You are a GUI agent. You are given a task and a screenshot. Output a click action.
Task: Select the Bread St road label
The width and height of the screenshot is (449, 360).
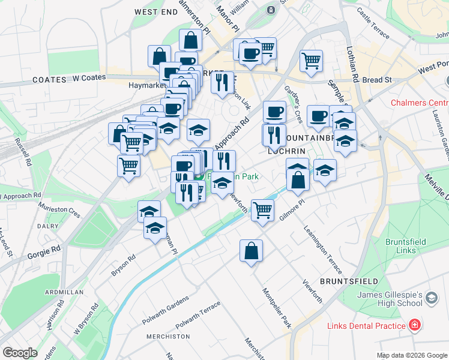tap(376, 79)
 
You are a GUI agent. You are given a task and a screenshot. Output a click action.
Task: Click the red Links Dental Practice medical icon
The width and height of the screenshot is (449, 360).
tap(414, 326)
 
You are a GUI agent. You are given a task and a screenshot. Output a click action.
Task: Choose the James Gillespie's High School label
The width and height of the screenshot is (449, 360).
tap(390, 299)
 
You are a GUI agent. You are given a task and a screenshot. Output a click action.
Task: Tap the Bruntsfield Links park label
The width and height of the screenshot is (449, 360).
tap(406, 246)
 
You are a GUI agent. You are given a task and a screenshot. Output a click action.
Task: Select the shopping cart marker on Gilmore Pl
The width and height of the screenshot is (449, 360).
tap(262, 210)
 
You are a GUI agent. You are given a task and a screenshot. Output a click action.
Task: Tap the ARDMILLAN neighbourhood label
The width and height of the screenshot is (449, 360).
tap(64, 292)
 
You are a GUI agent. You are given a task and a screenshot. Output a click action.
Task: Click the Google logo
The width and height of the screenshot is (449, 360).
tap(20, 353)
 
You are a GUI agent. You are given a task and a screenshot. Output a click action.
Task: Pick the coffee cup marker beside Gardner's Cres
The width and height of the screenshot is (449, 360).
tap(274, 111)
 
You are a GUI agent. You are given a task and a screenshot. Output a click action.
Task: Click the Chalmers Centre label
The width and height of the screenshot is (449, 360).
tap(420, 103)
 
